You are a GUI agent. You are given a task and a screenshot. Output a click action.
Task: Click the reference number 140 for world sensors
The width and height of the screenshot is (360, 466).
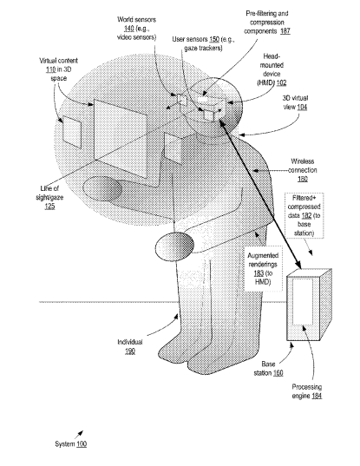click(128, 29)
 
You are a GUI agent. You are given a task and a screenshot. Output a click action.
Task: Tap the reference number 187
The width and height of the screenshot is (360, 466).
click(285, 31)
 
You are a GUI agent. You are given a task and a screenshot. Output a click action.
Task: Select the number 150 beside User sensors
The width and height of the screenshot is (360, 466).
click(214, 39)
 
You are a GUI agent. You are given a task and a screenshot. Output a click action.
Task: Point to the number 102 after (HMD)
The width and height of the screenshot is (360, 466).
click(281, 82)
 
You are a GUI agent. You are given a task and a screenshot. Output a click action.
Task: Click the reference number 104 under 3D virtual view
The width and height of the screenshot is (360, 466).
click(302, 107)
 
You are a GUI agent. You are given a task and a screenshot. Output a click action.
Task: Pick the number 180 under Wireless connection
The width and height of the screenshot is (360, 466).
click(303, 179)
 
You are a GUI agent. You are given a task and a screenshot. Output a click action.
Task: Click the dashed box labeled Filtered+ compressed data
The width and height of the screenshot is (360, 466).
click(304, 215)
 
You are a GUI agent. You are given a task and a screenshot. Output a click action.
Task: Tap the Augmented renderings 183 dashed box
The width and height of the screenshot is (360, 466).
click(263, 268)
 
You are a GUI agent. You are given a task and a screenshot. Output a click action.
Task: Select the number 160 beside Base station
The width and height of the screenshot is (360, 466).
click(278, 372)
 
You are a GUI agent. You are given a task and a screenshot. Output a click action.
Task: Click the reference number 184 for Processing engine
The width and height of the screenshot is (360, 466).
click(317, 396)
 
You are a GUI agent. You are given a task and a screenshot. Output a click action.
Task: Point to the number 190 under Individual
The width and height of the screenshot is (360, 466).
click(130, 351)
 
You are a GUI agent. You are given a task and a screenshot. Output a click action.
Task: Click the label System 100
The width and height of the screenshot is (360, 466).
click(70, 444)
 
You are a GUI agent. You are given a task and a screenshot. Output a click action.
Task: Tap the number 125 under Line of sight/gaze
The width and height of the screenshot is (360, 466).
click(50, 206)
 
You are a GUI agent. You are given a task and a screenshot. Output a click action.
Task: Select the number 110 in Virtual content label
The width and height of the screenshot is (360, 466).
click(51, 69)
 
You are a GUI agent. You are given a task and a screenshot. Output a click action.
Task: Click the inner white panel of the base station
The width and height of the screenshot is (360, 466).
click(303, 302)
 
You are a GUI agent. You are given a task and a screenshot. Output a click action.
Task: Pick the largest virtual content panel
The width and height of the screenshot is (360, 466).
click(121, 139)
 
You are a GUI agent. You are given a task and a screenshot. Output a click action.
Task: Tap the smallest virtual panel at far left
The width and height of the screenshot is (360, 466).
click(72, 132)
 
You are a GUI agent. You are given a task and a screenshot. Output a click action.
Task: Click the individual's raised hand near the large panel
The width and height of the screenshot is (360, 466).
click(102, 188)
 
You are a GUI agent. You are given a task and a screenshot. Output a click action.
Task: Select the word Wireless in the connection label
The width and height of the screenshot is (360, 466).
click(303, 161)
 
